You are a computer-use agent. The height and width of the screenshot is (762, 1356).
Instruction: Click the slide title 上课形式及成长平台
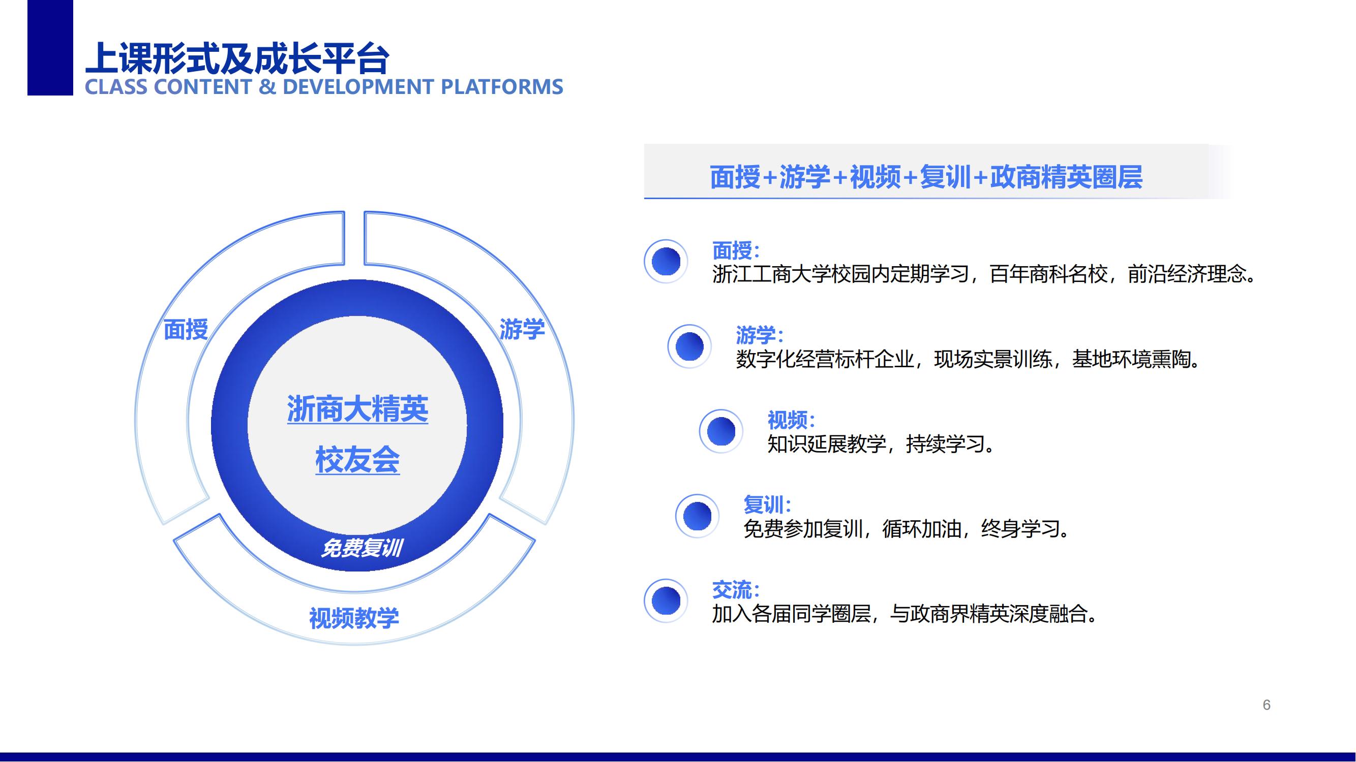(237, 58)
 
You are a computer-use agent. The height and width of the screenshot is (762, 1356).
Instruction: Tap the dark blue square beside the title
(50, 47)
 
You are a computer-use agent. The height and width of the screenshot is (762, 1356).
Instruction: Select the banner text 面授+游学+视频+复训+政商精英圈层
(926, 177)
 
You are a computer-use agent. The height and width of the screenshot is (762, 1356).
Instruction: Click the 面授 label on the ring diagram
(186, 330)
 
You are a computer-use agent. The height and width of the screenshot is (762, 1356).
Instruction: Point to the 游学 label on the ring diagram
(522, 330)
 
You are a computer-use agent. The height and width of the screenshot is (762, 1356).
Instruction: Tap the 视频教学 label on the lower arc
(354, 618)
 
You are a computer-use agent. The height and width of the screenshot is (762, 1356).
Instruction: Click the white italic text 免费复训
(361, 548)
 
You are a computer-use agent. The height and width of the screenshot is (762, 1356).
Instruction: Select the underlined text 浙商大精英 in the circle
(357, 409)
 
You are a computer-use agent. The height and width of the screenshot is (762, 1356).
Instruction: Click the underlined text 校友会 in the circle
(357, 460)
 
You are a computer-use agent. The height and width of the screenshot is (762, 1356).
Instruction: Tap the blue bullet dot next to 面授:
(666, 261)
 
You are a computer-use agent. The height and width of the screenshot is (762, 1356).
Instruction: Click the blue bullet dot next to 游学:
(689, 346)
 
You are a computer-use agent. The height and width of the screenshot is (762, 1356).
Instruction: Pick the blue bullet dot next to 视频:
(721, 431)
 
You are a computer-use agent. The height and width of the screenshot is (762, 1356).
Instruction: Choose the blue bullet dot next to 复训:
(698, 516)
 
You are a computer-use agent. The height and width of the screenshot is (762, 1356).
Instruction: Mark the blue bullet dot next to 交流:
(666, 600)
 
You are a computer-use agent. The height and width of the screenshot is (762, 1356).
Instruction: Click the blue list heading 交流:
(736, 590)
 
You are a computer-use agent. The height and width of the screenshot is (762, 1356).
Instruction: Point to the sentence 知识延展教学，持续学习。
(881, 444)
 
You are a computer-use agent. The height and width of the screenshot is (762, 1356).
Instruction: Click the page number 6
(1267, 705)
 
